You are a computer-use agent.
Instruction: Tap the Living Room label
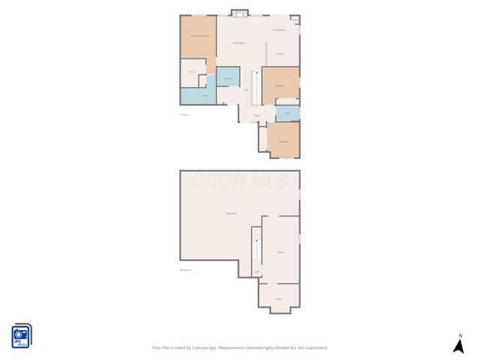point(238,43)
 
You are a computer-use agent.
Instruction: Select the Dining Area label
point(278,30)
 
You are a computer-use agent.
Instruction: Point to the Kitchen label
point(280,54)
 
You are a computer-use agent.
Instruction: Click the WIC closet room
point(193,73)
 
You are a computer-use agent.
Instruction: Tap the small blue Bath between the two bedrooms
point(287,113)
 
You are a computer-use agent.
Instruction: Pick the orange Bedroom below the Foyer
point(283,141)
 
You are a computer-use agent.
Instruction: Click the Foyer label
point(256,115)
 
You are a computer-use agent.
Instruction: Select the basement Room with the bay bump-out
point(279,298)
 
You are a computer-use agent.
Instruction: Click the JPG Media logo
point(21,335)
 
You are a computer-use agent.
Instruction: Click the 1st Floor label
point(184,115)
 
